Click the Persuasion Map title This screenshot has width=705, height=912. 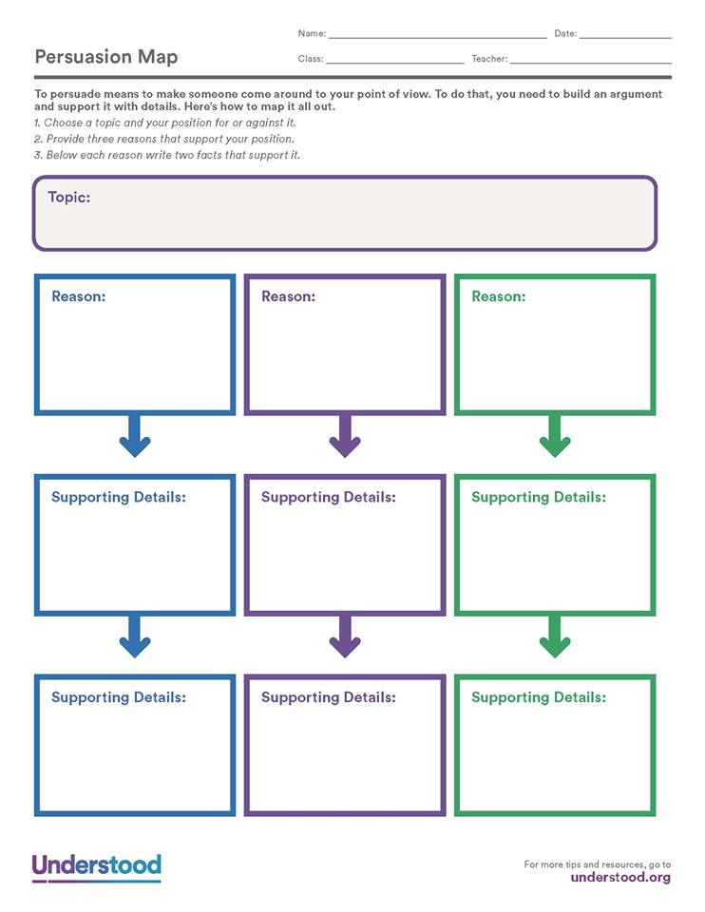tap(105, 57)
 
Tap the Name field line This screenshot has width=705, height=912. tap(437, 37)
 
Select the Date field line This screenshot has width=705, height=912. tap(625, 37)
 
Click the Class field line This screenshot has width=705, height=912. tap(394, 63)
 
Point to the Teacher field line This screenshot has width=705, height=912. tap(590, 63)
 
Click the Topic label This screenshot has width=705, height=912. tap(69, 198)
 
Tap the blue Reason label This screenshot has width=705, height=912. tap(78, 296)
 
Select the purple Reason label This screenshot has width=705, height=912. tap(288, 296)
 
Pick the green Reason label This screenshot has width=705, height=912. tap(498, 296)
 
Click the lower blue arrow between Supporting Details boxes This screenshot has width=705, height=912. tap(135, 637)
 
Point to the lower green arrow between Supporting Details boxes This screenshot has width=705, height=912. tap(555, 637)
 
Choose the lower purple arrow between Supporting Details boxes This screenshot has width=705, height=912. tap(345, 637)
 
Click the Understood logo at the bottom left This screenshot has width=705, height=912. tap(97, 867)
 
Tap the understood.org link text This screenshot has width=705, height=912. tap(620, 877)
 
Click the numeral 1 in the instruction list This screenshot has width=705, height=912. tap(37, 123)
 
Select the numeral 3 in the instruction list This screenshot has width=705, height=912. tap(37, 155)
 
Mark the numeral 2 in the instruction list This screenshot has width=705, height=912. tap(37, 140)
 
